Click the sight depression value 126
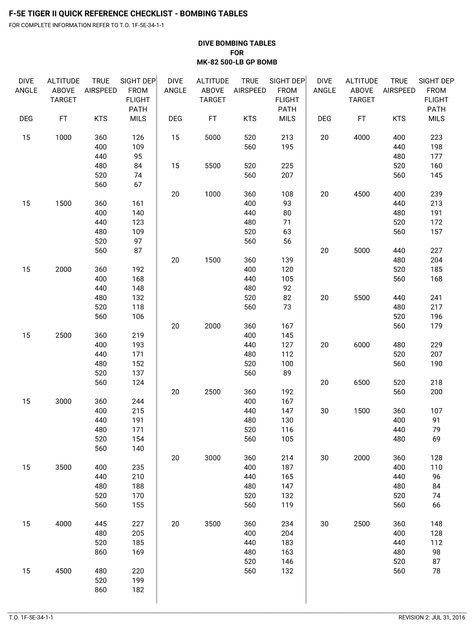coord(138,138)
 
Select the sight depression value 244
coord(138,401)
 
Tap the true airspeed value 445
coord(101,524)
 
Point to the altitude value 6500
coord(362,382)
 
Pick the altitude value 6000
coord(362,345)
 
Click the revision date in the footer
coord(432,618)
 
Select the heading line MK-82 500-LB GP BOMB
coord(237,62)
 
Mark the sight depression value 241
coord(436,298)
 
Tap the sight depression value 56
coord(287,241)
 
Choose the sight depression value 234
coord(287,524)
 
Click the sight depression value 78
coord(436,571)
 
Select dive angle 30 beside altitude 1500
coord(324,411)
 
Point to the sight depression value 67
coord(138,185)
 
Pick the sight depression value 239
coord(436,194)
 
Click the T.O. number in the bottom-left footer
coord(31,618)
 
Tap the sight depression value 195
coord(287,147)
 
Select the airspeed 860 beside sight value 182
coord(101,590)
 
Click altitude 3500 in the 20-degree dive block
coord(213,524)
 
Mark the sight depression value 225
coord(287,166)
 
